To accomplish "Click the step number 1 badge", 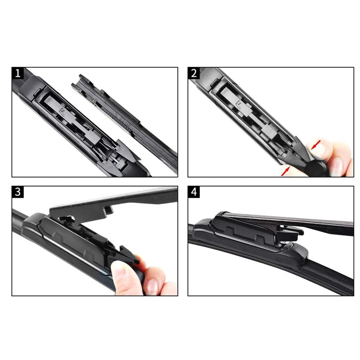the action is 18,73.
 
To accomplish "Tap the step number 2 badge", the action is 194,73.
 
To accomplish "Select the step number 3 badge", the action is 18,192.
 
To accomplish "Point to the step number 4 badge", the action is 194,192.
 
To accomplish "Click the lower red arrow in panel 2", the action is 285,171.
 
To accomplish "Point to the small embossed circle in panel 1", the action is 49,100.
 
